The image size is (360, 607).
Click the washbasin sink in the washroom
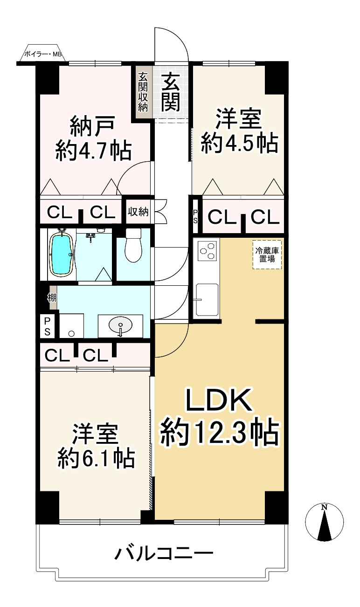coord(120,325)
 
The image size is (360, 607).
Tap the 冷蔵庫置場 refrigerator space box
coord(267,255)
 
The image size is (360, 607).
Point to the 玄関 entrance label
coord(171,92)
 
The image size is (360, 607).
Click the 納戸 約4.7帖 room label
coord(93,138)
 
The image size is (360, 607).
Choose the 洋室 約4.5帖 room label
coord(239,131)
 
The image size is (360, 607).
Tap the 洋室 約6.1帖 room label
coord(96,446)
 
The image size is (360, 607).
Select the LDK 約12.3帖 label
coord(219,418)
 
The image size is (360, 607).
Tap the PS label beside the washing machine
coord(48,326)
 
